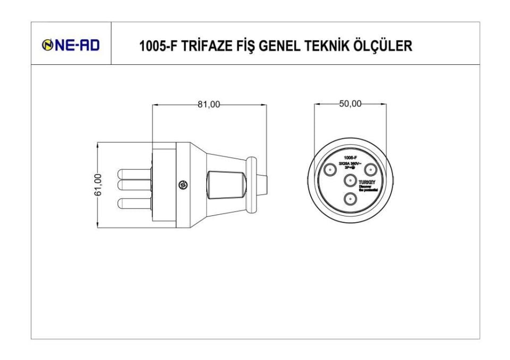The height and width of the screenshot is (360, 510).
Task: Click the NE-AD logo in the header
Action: pyautogui.click(x=71, y=46)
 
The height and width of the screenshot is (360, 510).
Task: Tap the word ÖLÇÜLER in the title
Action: pyautogui.click(x=382, y=46)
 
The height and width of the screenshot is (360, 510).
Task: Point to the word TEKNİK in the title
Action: pyautogui.click(x=326, y=46)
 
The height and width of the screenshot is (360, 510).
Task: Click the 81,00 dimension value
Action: pyautogui.click(x=209, y=105)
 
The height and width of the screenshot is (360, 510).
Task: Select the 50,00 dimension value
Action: pyautogui.click(x=350, y=104)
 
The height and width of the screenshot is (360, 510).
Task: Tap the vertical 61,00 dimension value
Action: pyautogui.click(x=98, y=185)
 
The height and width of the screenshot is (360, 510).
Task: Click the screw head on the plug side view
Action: pyautogui.click(x=183, y=185)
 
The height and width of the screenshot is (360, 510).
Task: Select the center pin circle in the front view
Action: pyautogui.click(x=350, y=181)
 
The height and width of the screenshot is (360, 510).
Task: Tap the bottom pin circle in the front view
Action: pyautogui.click(x=350, y=199)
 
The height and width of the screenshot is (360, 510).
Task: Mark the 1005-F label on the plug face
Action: pyautogui.click(x=350, y=158)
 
